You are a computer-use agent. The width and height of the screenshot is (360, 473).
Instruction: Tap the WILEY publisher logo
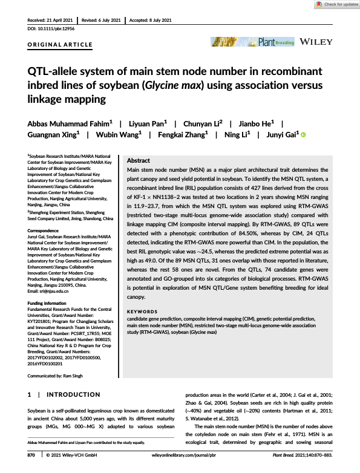(316, 42)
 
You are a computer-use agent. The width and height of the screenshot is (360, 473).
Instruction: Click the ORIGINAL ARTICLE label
(60, 45)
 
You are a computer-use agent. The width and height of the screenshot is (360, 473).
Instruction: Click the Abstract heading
(139, 161)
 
